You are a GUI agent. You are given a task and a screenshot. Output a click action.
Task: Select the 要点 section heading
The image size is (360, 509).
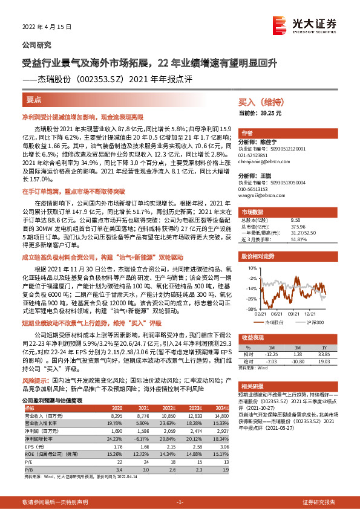(x=35, y=99)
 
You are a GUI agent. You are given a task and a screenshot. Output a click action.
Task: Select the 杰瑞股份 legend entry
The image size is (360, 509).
(x=275, y=323)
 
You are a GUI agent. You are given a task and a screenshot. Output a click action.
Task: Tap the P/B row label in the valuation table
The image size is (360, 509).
(x=26, y=468)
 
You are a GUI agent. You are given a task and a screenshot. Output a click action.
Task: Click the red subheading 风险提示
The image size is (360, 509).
(x=33, y=381)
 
